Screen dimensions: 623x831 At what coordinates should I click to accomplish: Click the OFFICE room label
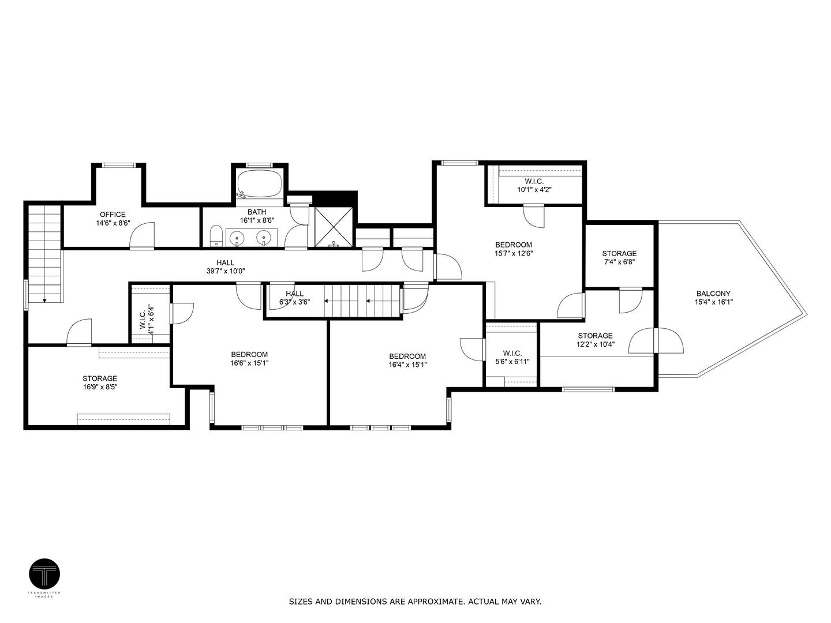[113, 215]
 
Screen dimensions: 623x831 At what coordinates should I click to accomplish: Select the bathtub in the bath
[260, 184]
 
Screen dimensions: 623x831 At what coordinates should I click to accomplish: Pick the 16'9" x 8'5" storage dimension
[100, 387]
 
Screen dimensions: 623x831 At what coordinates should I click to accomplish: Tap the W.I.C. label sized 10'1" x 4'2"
[530, 189]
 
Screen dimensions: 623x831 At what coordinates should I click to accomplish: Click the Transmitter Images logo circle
[44, 574]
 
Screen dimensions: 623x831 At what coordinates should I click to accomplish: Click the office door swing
[142, 237]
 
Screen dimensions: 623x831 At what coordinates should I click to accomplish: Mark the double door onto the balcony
[656, 341]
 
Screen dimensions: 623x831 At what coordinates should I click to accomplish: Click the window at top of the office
[119, 165]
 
